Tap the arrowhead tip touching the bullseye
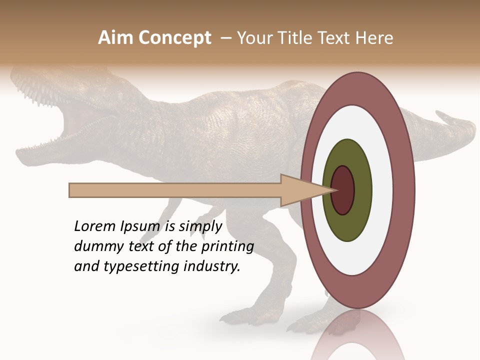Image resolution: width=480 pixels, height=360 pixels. coord(334,190)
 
